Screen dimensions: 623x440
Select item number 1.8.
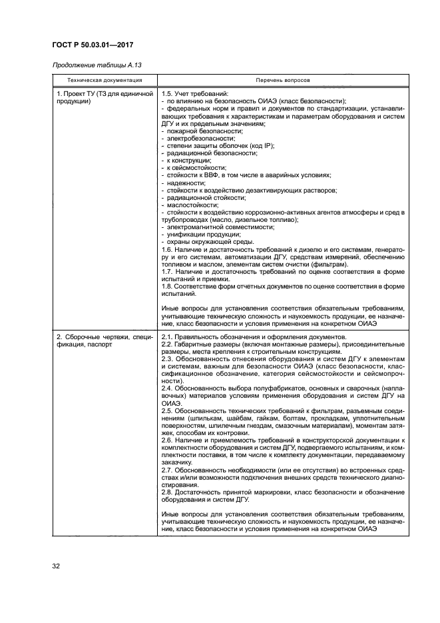point(168,286)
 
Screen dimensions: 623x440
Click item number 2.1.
point(168,337)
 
